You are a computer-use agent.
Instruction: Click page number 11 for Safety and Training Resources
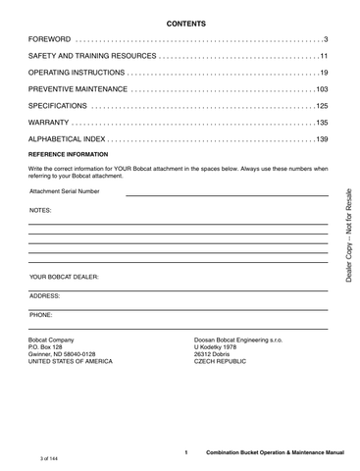tap(322, 56)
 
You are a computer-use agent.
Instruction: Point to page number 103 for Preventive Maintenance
tap(319, 89)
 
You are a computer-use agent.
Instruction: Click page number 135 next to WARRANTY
tap(319, 123)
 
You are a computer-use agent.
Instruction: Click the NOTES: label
tap(40, 211)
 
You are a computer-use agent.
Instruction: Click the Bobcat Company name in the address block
tap(53, 340)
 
